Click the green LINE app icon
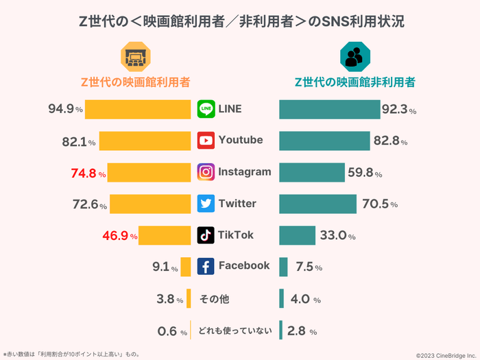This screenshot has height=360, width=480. pos(206,109)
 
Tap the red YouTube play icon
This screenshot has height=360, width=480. pos(206,141)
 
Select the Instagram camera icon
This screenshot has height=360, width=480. pos(206,172)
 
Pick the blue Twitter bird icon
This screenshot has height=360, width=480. pos(206,204)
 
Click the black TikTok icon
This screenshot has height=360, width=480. pos(206,235)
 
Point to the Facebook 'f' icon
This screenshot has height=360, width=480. pos(206,266)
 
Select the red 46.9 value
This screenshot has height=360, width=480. pos(116,235)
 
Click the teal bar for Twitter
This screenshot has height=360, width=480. pos(317,204)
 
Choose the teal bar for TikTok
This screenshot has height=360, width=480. pos(297,235)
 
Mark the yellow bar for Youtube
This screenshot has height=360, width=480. pos(145,141)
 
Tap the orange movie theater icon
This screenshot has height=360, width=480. pos(134,56)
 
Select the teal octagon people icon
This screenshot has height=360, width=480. pos(355,56)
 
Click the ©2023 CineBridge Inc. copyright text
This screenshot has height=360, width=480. pos(445,355)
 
